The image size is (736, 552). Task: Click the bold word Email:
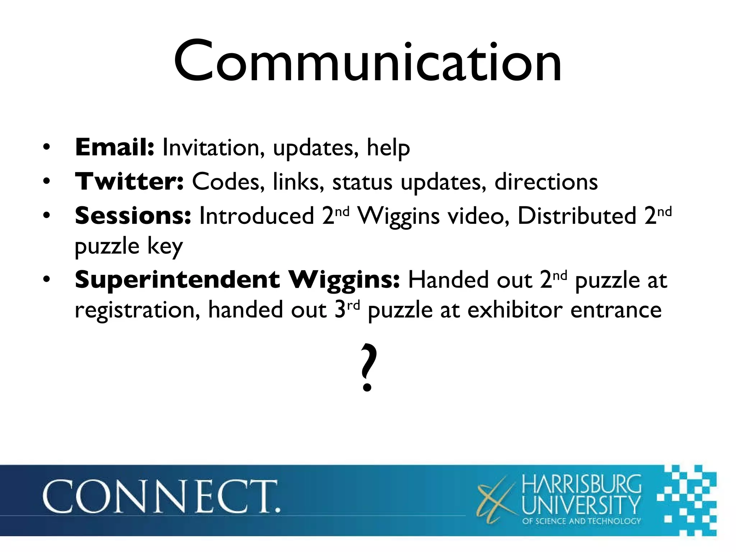(x=114, y=147)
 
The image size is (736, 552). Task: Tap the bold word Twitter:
(x=129, y=181)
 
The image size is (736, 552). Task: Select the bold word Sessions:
(x=133, y=216)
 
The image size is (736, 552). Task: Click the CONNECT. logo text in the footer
(x=161, y=497)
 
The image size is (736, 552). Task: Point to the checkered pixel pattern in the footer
(x=686, y=500)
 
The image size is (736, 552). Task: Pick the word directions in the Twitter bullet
(x=546, y=181)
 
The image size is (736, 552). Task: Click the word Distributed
(x=577, y=216)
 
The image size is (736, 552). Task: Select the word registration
(x=137, y=310)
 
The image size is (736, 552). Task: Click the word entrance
(x=616, y=310)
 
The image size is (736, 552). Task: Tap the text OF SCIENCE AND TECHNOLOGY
(x=581, y=521)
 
